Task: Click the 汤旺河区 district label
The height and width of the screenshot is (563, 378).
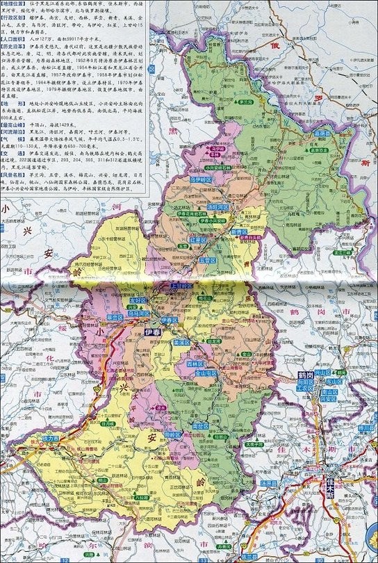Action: point(217,206)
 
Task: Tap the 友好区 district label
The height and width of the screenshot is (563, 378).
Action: point(139,300)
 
